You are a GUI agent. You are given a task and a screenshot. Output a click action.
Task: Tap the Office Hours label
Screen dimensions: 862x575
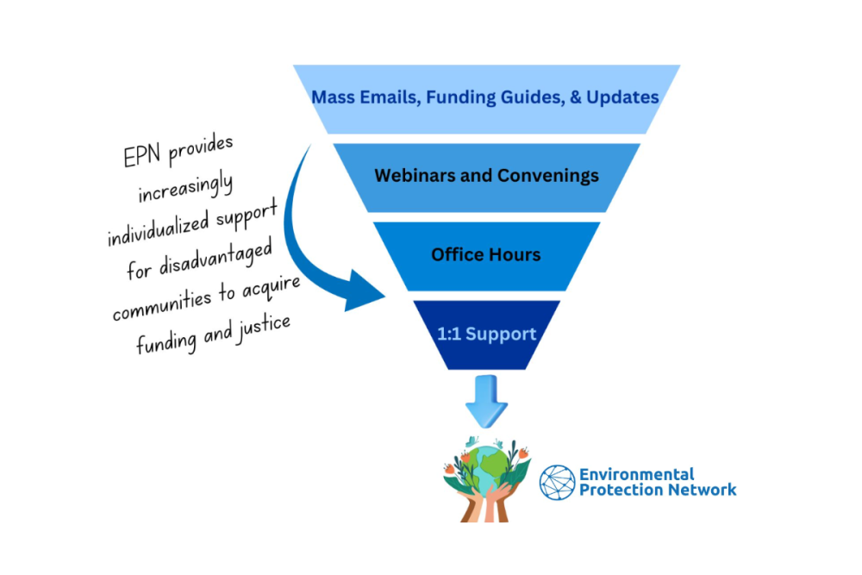coord(486,254)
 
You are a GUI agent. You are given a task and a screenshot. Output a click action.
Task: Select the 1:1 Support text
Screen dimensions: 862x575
coord(486,334)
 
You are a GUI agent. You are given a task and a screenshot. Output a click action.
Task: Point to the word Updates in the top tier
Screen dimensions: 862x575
coord(622,97)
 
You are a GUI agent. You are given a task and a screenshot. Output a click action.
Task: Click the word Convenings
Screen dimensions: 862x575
coord(543,175)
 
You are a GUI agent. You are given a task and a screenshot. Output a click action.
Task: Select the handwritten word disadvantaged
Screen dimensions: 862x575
coord(216,259)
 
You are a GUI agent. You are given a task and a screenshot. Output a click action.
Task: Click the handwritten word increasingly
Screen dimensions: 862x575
coord(186,188)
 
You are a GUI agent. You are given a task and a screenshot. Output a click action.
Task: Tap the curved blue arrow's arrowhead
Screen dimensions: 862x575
coord(364,291)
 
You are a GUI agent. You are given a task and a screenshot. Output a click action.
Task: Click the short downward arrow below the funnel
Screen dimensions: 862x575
coord(486,401)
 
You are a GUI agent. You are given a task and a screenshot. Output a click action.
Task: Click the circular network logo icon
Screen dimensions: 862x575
coord(557,483)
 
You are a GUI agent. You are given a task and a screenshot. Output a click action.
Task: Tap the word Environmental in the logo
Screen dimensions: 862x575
coord(637,474)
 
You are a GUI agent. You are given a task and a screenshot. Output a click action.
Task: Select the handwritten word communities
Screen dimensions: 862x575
coord(162,306)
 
